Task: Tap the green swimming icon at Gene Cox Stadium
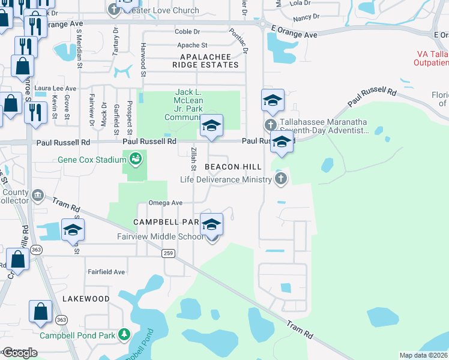(136, 159)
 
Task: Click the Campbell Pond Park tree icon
(124, 334)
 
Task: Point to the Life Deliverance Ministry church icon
(280, 179)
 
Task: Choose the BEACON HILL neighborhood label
(233, 166)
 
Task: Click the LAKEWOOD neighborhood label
(86, 298)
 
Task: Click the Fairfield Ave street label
(107, 272)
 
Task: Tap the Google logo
(19, 353)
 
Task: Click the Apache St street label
(192, 45)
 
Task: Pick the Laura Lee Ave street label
(55, 88)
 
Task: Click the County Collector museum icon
(38, 195)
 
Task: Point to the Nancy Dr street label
(306, 17)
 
